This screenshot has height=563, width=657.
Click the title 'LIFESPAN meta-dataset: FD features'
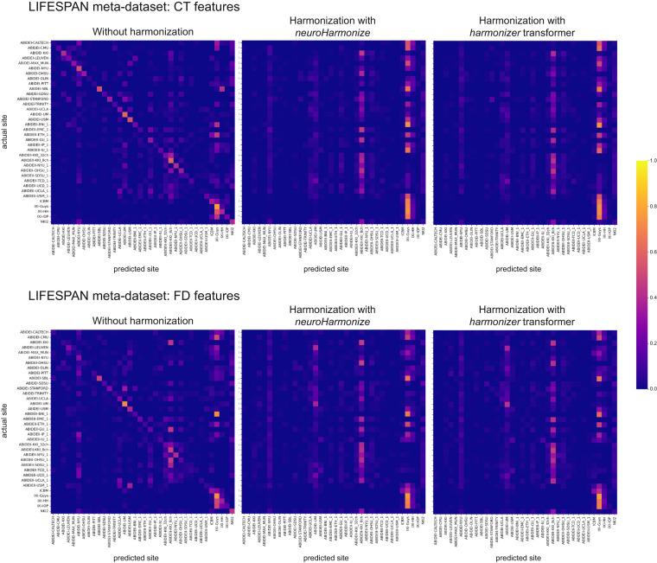122,296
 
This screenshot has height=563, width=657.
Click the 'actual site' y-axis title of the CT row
6,133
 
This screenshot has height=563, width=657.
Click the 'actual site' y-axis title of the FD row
6,419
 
